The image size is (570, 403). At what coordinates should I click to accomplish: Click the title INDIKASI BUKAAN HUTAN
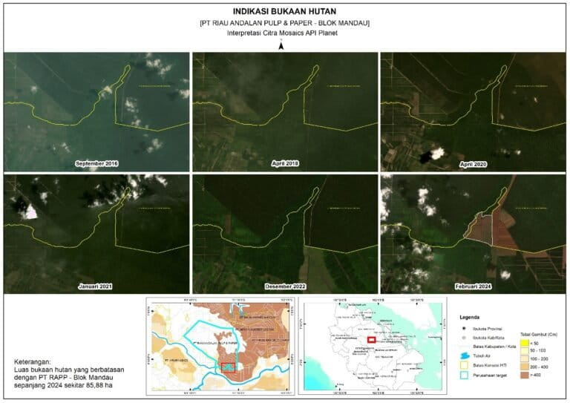coord(285,12)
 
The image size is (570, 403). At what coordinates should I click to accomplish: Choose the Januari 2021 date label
coord(96,285)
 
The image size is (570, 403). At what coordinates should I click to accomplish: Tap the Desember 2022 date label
coord(285,285)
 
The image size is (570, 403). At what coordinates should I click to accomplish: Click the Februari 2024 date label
coord(474,285)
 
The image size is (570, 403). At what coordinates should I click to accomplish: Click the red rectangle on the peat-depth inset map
coord(229,367)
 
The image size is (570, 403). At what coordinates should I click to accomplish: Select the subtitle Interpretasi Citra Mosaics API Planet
coord(285,34)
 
